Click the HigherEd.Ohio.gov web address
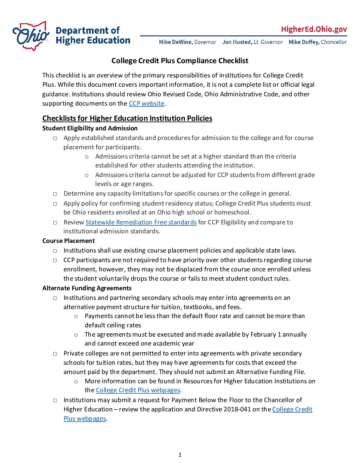tap(314, 29)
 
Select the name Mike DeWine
tap(175, 42)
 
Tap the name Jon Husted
tap(237, 42)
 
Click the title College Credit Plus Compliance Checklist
tap(180, 61)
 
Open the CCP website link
tap(147, 104)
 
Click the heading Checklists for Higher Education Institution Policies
tap(127, 118)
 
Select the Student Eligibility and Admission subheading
tap(90, 128)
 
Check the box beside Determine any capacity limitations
tap(55, 194)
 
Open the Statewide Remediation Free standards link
tap(141, 222)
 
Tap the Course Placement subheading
tap(68, 241)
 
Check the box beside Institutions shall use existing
tap(55, 251)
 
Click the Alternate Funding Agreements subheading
tap(87, 288)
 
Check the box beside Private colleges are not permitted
tap(55, 354)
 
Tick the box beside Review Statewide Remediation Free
tap(55, 223)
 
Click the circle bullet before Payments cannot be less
tap(76, 316)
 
